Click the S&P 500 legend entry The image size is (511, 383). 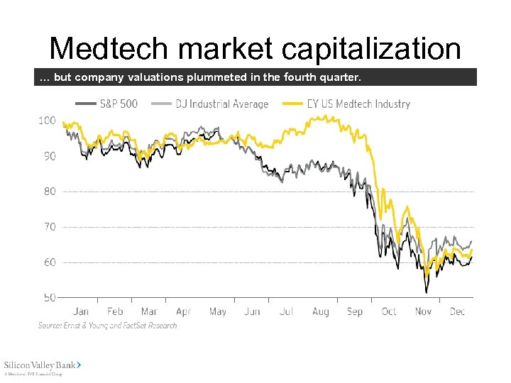tap(107, 104)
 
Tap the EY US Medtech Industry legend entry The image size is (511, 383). tap(347, 104)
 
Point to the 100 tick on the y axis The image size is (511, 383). tap(47, 121)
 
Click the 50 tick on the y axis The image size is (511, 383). tap(48, 298)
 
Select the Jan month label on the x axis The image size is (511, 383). tap(81, 311)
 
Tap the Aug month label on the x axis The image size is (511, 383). tap(320, 311)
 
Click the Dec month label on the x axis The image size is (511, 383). tap(457, 311)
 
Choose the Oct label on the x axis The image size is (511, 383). tap(389, 311)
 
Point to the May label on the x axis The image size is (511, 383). tap(217, 311)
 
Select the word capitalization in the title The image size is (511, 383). tap(371, 48)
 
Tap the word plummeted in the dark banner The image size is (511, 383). tap(218, 77)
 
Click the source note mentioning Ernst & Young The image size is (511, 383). tap(107, 326)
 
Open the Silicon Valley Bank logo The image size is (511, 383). tap(43, 366)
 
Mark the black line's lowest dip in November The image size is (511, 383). tap(427, 292)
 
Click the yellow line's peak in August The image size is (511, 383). tap(327, 116)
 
